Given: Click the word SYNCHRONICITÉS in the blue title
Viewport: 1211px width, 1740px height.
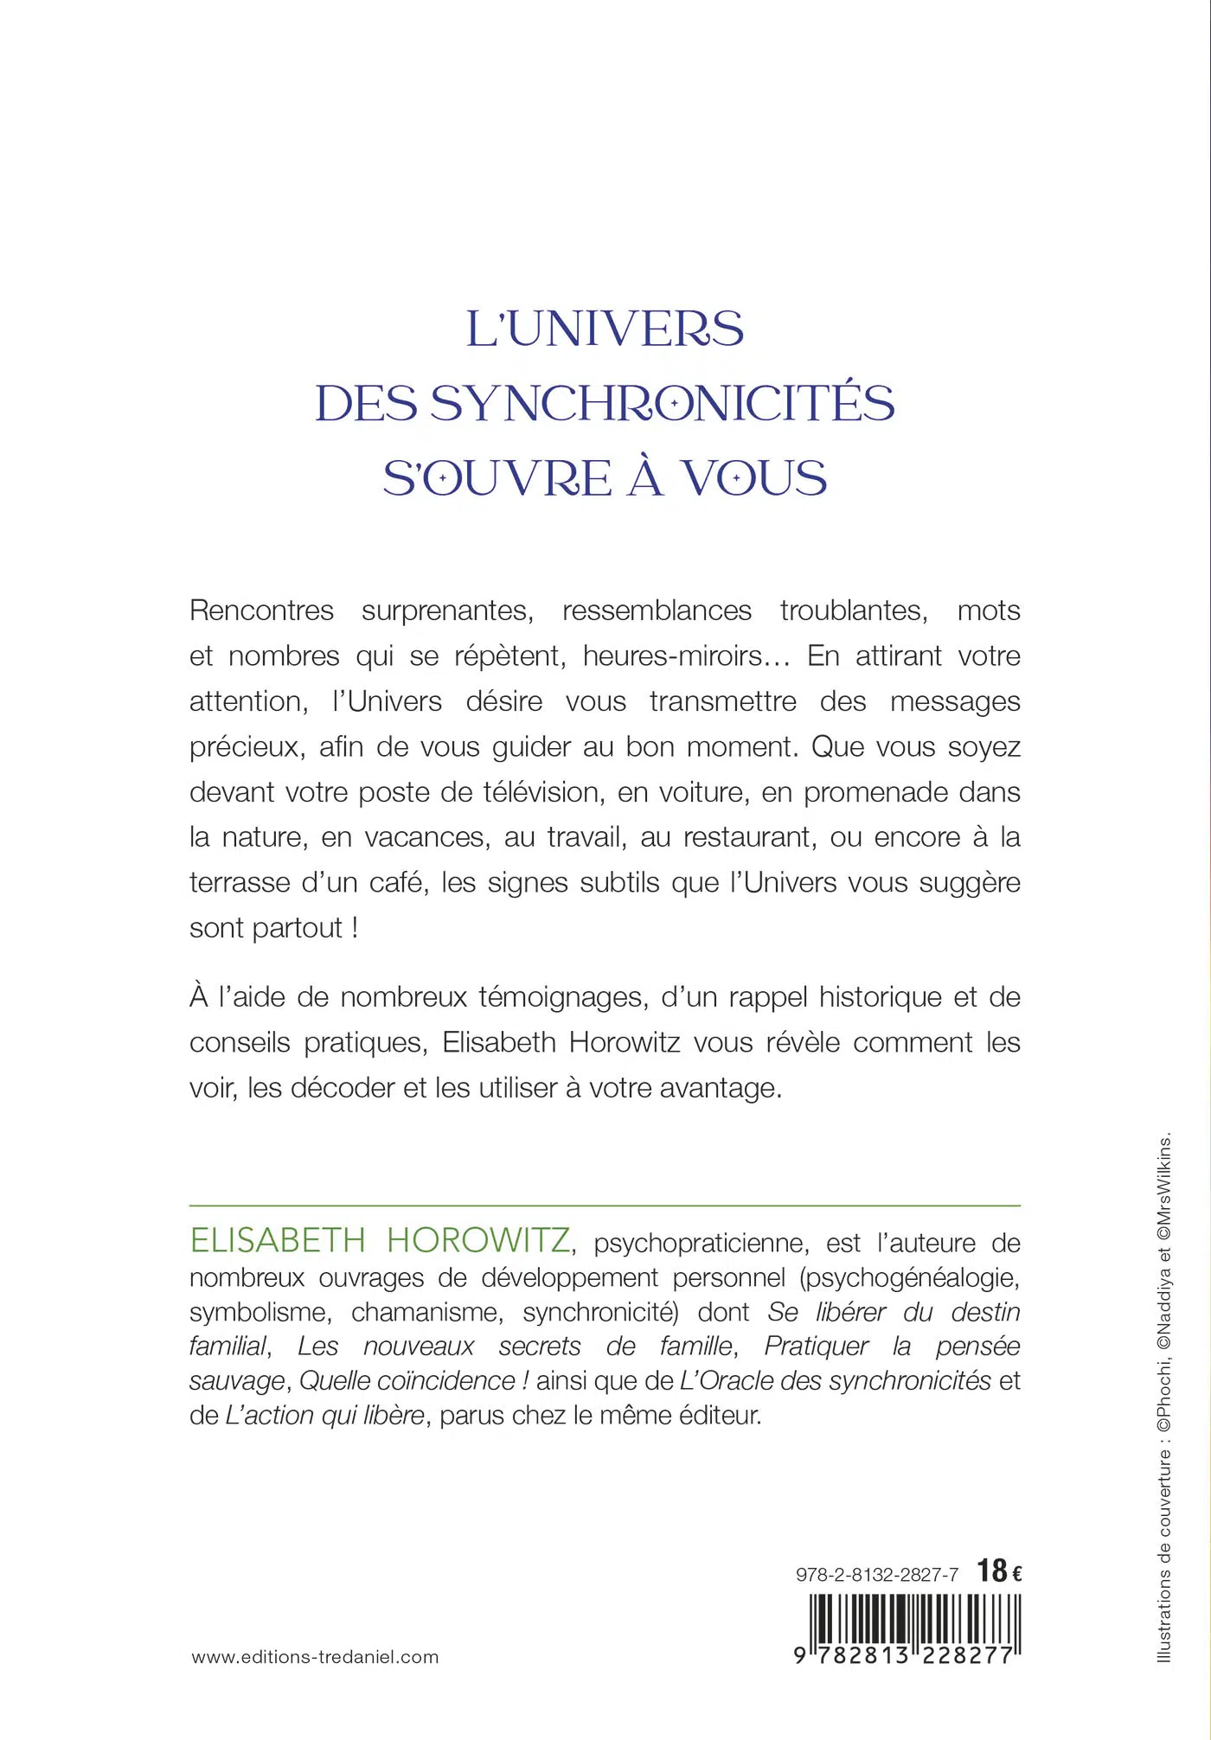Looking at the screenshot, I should [662, 404].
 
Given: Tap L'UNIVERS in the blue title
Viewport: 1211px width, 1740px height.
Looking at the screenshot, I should [605, 329].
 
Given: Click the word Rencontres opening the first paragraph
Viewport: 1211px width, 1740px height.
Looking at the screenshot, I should [261, 611].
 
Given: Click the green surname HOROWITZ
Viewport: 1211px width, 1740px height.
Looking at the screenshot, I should [477, 1241].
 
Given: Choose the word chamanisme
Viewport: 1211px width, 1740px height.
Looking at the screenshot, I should [426, 1312].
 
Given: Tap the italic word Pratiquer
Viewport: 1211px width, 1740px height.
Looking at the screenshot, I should [817, 1347].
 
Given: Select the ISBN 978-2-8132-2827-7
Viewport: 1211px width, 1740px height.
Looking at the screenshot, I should [876, 1575].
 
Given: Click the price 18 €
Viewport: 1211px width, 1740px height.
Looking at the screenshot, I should [999, 1570].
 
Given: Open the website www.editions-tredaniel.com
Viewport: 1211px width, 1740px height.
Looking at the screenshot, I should [315, 1657].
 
